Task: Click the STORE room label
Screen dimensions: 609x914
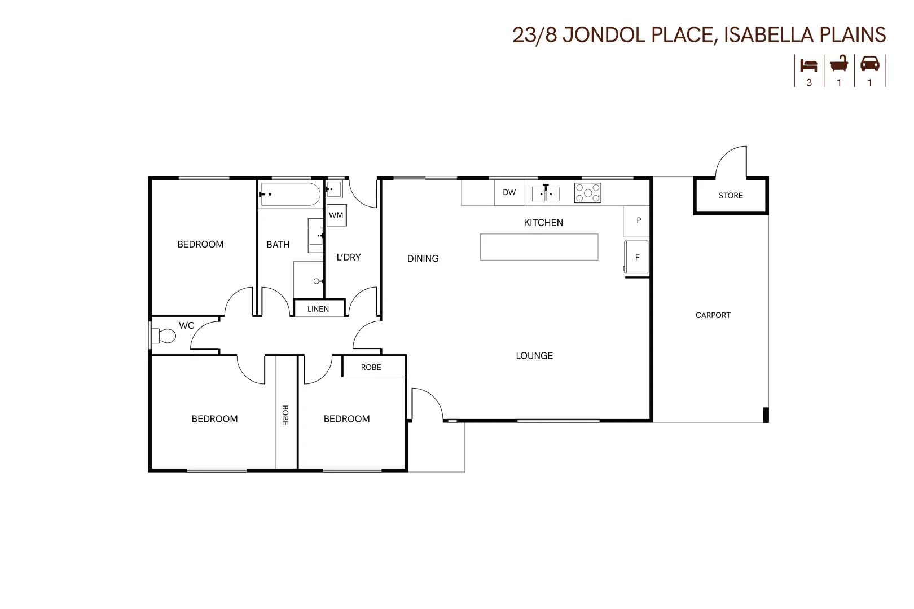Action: coord(730,196)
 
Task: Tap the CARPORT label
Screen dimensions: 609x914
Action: coord(713,315)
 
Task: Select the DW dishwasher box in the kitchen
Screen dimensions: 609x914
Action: coord(509,192)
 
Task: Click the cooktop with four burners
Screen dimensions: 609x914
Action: coord(587,193)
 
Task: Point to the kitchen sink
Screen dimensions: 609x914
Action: coord(546,193)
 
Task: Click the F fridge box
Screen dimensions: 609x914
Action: coord(637,258)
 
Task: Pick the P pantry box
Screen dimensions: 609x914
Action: coord(638,220)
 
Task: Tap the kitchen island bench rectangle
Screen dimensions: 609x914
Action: coord(539,247)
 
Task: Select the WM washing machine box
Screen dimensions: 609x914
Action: coord(336,215)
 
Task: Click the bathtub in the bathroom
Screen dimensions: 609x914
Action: coord(289,194)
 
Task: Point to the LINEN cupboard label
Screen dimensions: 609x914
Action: coord(318,309)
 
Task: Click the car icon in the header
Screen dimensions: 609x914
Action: coord(869,64)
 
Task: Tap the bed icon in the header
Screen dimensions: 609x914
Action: coord(808,65)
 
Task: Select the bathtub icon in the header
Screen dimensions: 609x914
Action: coord(839,64)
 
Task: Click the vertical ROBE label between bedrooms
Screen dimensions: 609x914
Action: coord(285,415)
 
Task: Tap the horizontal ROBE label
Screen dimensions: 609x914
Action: coord(371,367)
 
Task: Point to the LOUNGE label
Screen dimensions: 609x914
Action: coord(534,356)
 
